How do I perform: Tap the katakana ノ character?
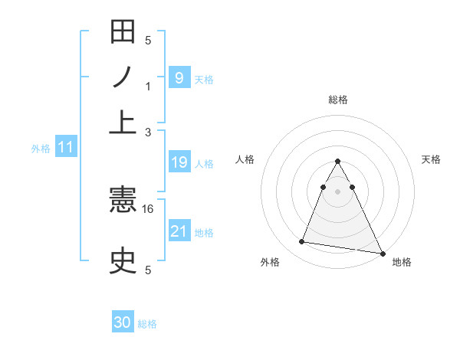click(123, 77)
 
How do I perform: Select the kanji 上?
click(123, 120)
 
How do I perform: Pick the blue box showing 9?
click(179, 77)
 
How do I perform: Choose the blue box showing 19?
click(179, 162)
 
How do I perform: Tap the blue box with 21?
click(179, 231)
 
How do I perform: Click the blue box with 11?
click(65, 148)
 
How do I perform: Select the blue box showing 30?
click(123, 323)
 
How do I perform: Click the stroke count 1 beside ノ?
click(148, 87)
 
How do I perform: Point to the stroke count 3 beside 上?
click(148, 132)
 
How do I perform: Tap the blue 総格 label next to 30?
click(147, 324)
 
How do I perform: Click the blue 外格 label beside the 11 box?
click(40, 149)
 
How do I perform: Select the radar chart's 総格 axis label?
click(338, 100)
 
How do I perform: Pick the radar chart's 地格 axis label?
click(402, 262)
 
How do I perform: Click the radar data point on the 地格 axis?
click(382, 254)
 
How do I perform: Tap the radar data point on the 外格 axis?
click(302, 242)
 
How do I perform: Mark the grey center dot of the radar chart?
click(338, 191)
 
